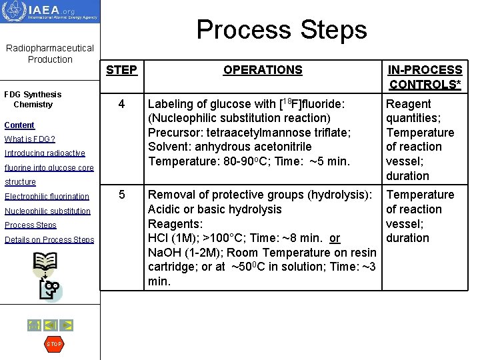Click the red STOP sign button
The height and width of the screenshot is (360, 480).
pos(53,344)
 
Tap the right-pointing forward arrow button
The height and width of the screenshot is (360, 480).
pos(66,325)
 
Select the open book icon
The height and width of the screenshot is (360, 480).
pos(45,264)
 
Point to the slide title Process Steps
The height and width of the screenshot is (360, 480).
pos(281,29)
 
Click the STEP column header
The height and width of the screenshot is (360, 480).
pos(121,70)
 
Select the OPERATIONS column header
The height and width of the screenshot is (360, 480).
pos(263,70)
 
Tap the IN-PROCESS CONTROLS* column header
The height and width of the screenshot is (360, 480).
pos(425,77)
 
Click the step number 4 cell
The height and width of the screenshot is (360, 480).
pos(121,104)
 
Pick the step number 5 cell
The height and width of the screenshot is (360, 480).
pos(121,195)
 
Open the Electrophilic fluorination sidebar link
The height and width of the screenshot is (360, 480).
pos(47,197)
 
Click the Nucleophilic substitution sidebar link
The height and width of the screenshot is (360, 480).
pos(47,211)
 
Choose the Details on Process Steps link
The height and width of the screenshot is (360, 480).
pos(49,240)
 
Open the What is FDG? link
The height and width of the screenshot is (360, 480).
pos(29,139)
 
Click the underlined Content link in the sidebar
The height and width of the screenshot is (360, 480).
pos(19,125)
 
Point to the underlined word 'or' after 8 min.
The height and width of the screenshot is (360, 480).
pos(335,238)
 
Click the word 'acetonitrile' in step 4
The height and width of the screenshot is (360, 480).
pos(281,147)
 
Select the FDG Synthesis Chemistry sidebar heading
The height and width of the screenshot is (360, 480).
pos(33,99)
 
